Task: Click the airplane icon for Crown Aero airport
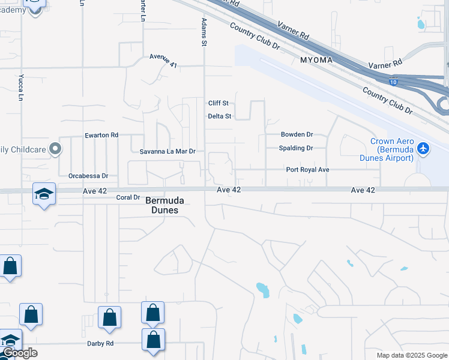point(424,148)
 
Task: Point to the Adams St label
point(205,32)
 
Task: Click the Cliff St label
point(219,103)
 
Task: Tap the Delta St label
point(219,116)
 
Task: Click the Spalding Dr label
point(296,148)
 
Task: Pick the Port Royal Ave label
point(307,170)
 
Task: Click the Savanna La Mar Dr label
point(168,152)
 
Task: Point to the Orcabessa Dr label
point(88,176)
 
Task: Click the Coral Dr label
point(128,197)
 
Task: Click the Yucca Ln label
point(21,88)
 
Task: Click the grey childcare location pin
point(55,148)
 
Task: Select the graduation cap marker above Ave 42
point(44,194)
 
